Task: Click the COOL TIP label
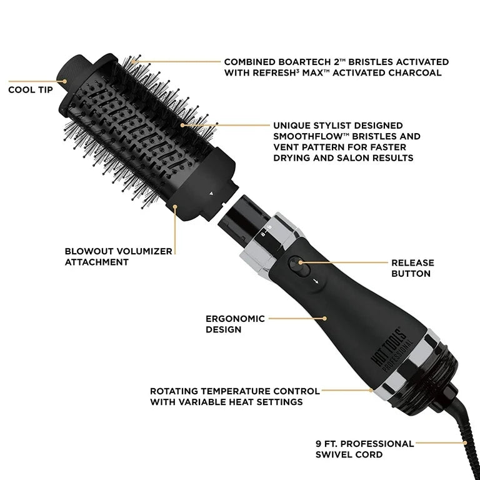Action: tap(29, 89)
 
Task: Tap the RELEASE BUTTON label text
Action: tap(412, 268)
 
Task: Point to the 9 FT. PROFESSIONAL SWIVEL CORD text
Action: tap(364, 449)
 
